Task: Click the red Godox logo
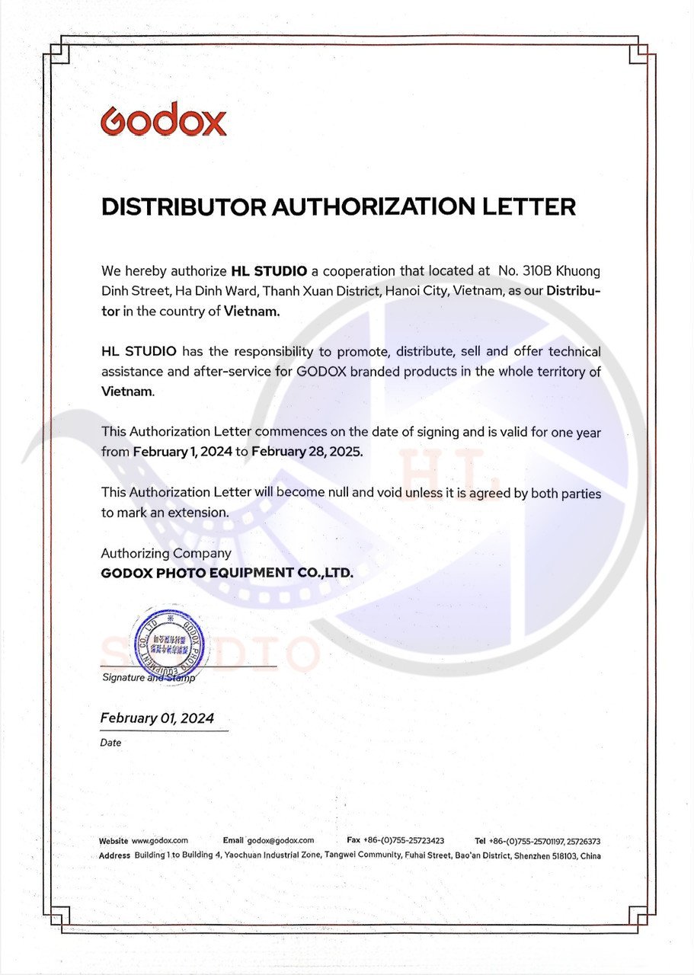point(163,120)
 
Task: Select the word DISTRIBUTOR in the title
point(184,206)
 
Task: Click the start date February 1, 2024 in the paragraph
point(182,451)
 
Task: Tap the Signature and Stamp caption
point(148,677)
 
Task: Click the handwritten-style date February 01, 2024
point(157,718)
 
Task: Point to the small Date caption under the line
point(110,743)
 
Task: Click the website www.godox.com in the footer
point(160,841)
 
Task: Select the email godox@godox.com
point(276,841)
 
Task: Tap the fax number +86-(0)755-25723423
point(404,841)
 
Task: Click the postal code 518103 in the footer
point(561,856)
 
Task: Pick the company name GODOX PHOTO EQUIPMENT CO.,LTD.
point(227,573)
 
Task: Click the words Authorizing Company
point(166,553)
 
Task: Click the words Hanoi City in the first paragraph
point(417,291)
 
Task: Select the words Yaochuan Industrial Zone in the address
point(272,856)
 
